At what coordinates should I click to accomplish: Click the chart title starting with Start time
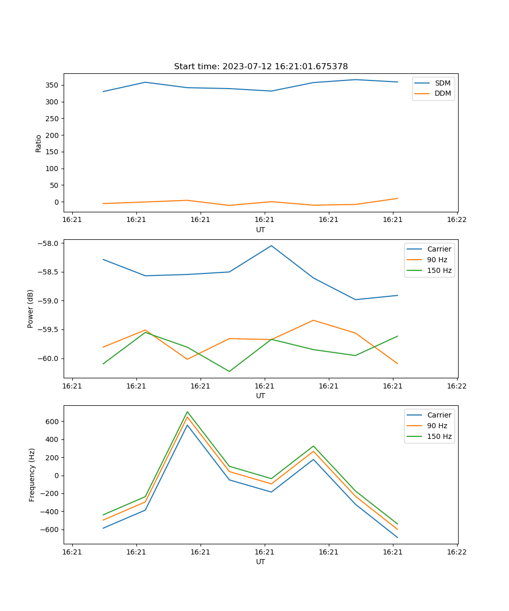(x=261, y=67)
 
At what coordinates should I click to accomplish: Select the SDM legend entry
(x=442, y=83)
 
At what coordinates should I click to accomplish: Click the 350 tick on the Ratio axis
(x=52, y=85)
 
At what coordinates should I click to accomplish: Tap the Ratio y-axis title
(x=39, y=143)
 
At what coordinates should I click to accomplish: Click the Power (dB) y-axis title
(x=31, y=309)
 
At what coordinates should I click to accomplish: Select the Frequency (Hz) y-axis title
(x=32, y=475)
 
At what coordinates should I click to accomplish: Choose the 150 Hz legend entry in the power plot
(x=439, y=270)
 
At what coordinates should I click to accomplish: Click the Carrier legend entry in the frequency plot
(x=439, y=415)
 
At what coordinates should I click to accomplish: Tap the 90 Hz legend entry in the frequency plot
(x=437, y=426)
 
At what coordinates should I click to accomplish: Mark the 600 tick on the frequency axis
(x=52, y=422)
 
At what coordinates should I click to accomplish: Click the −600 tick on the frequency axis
(x=50, y=530)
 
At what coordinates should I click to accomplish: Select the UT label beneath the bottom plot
(x=261, y=562)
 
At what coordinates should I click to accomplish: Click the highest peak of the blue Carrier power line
(x=271, y=246)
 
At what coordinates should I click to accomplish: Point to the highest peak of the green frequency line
(x=187, y=412)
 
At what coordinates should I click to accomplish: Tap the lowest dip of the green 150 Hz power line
(x=229, y=371)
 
